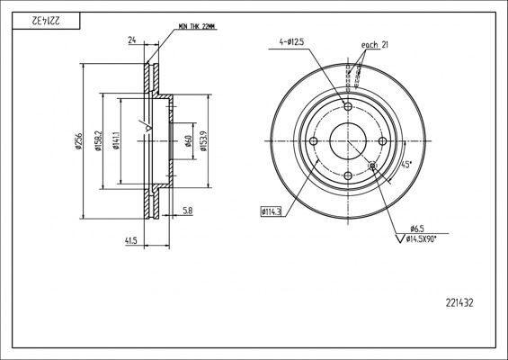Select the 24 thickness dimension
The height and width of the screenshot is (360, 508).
tap(132, 40)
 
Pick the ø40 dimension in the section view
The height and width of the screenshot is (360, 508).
tap(189, 141)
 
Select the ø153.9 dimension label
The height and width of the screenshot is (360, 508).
tap(205, 141)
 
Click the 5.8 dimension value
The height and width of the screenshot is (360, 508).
tap(187, 211)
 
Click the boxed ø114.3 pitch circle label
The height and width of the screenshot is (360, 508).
tap(271, 211)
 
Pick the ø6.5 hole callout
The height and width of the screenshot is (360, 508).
tap(417, 228)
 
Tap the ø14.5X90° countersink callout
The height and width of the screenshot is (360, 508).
tap(426, 238)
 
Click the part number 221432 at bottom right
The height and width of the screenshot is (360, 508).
tap(459, 303)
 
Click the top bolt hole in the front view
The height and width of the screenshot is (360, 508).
tap(348, 106)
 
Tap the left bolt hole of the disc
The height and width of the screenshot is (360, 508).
tap(313, 141)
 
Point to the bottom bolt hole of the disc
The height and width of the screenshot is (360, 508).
tap(348, 176)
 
